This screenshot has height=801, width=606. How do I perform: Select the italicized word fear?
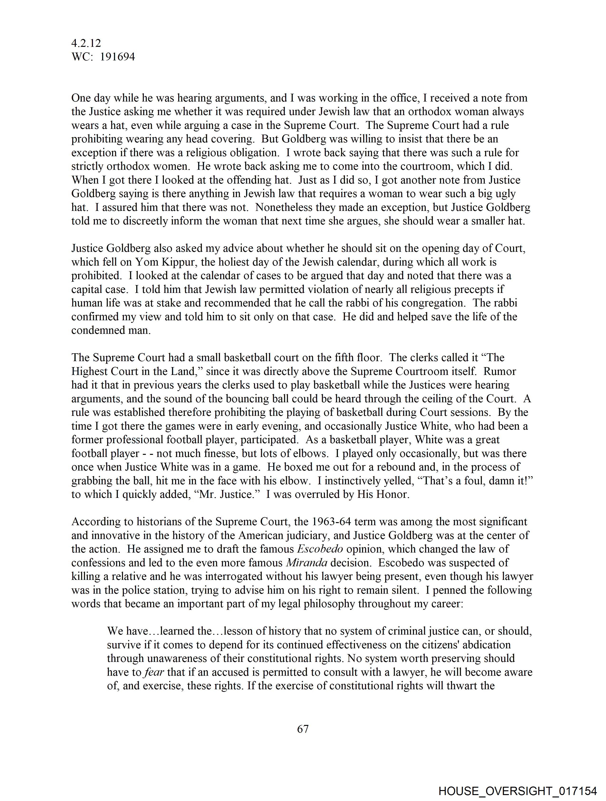pyautogui.click(x=154, y=672)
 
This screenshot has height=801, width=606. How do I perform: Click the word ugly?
pyautogui.click(x=504, y=194)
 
